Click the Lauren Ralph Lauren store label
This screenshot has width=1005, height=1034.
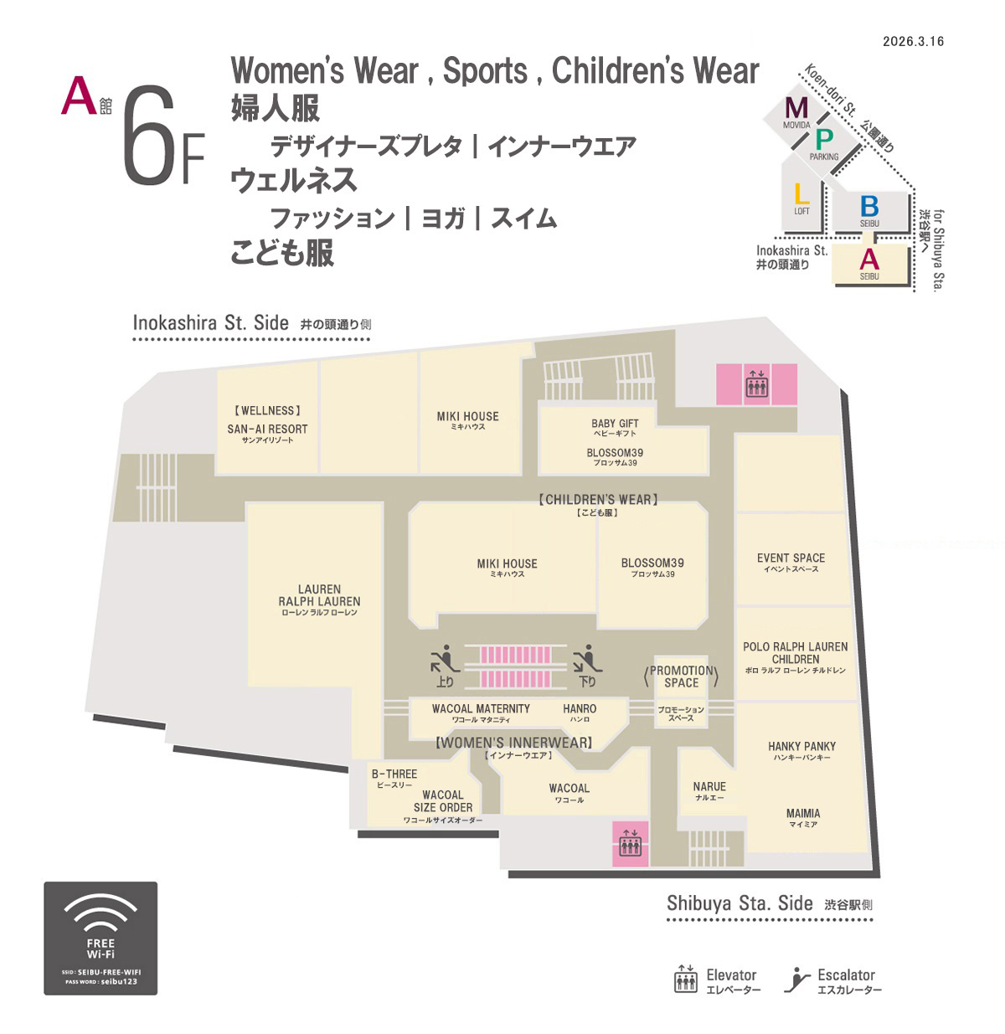[x=319, y=600]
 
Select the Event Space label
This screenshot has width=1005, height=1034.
[x=791, y=562]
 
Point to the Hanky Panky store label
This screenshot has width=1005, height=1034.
[x=801, y=750]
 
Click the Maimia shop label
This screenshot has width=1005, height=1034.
[x=803, y=817]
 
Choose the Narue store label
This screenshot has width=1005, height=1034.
[x=709, y=790]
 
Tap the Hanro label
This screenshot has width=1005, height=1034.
[x=580, y=712]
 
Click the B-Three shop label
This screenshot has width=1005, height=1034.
[x=394, y=777]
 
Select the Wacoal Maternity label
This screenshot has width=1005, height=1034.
[x=481, y=712]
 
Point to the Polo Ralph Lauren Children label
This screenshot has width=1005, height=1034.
[x=795, y=657]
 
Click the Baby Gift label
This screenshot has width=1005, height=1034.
[x=615, y=427]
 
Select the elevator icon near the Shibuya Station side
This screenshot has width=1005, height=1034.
[x=630, y=843]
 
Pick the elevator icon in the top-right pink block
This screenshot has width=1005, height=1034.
[x=757, y=383]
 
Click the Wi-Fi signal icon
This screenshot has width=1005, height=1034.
[x=100, y=913]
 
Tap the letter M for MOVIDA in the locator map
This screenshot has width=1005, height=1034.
[x=796, y=108]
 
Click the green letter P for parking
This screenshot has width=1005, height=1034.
[x=824, y=140]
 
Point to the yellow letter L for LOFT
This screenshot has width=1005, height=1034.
[x=801, y=193]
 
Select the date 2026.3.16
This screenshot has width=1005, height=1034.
[x=913, y=42]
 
